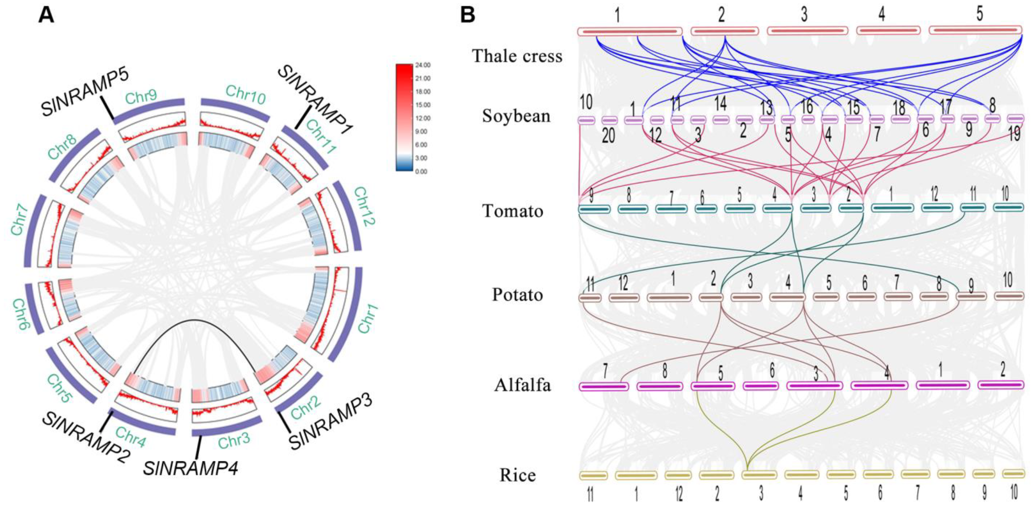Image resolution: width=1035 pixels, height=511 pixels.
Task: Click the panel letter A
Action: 46,16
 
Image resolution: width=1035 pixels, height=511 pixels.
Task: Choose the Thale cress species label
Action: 517,56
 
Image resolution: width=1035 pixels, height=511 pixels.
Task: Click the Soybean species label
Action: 516,116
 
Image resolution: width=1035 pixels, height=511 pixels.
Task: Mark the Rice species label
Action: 517,475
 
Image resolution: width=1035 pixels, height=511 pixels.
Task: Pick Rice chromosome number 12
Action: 679,494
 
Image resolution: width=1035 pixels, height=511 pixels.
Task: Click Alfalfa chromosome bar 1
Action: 943,385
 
